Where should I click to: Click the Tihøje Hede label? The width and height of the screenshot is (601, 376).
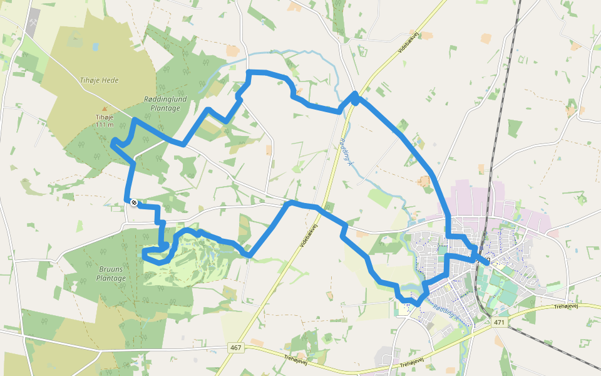point(100,80)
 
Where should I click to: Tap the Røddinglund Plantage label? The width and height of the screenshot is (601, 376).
point(162,103)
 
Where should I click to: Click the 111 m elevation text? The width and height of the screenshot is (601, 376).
point(105,124)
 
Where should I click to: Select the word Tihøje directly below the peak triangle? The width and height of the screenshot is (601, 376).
point(105,117)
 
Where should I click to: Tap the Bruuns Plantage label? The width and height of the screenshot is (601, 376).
point(112,273)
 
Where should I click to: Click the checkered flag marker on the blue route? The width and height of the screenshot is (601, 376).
point(134,202)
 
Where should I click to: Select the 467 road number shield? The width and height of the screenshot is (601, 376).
point(235,347)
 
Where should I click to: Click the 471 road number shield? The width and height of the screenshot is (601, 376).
point(498,322)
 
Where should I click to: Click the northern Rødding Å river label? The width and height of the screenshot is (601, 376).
point(346,152)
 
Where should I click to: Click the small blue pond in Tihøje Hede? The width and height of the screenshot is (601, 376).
point(95,46)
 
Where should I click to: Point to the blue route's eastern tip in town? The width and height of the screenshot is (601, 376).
point(487,263)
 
